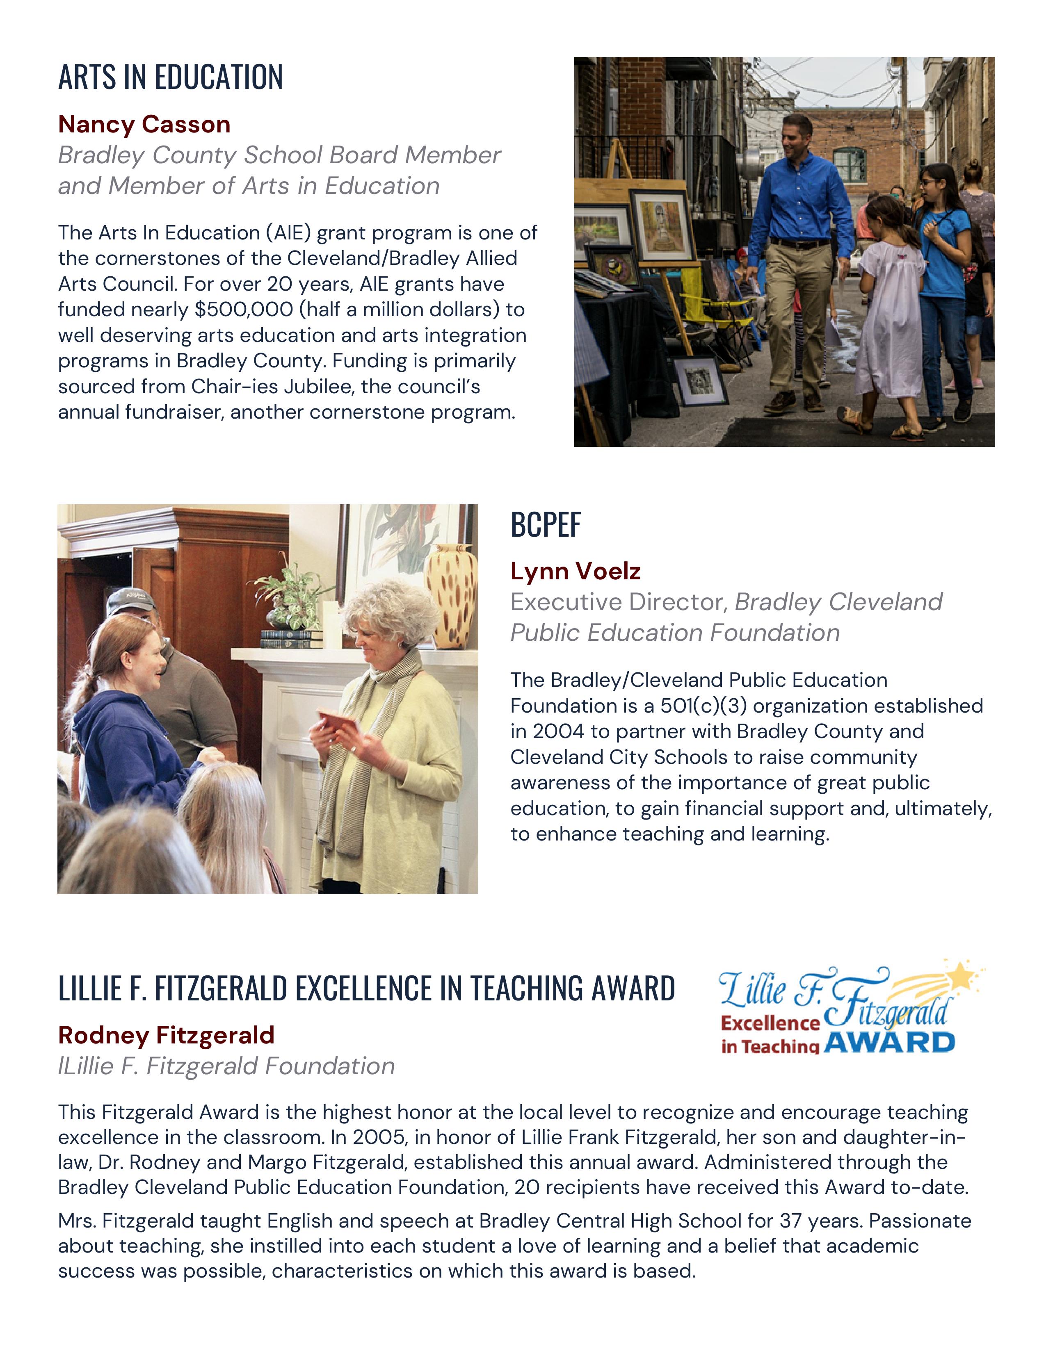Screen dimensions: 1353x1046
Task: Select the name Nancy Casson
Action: (144, 125)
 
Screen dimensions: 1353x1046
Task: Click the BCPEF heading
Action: (545, 525)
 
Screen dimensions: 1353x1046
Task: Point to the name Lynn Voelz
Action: (575, 571)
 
